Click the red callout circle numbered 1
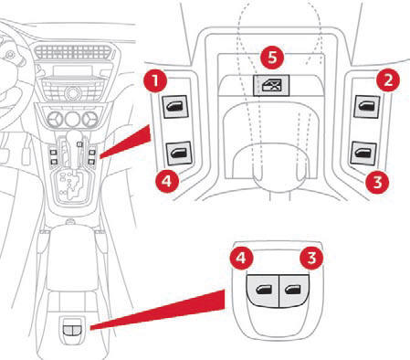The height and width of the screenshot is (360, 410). [155, 81]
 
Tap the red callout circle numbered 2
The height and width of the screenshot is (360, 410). [388, 80]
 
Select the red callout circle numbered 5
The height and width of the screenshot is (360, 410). [272, 57]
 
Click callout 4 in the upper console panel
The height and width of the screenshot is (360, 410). [167, 181]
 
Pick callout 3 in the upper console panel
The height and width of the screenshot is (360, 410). [377, 182]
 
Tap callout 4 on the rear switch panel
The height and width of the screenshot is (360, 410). [241, 258]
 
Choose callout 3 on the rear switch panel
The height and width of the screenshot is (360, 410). [311, 258]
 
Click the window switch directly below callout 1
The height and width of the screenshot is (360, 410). [175, 107]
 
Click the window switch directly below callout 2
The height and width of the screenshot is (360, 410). [367, 106]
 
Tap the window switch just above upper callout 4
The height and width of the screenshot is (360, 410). [179, 154]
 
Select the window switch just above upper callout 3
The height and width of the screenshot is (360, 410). [363, 154]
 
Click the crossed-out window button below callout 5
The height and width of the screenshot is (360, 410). [271, 85]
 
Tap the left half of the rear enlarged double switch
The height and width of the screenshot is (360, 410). [263, 291]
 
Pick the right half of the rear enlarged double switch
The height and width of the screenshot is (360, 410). [294, 291]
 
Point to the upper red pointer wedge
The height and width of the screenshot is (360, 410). [125, 142]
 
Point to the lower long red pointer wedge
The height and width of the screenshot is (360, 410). [158, 310]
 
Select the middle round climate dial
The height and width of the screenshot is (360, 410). [73, 119]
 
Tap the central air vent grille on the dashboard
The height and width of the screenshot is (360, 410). [73, 53]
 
